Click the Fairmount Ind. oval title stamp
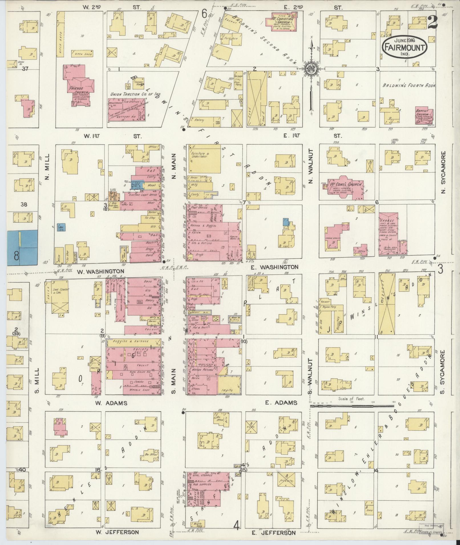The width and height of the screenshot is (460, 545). pyautogui.click(x=404, y=47)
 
